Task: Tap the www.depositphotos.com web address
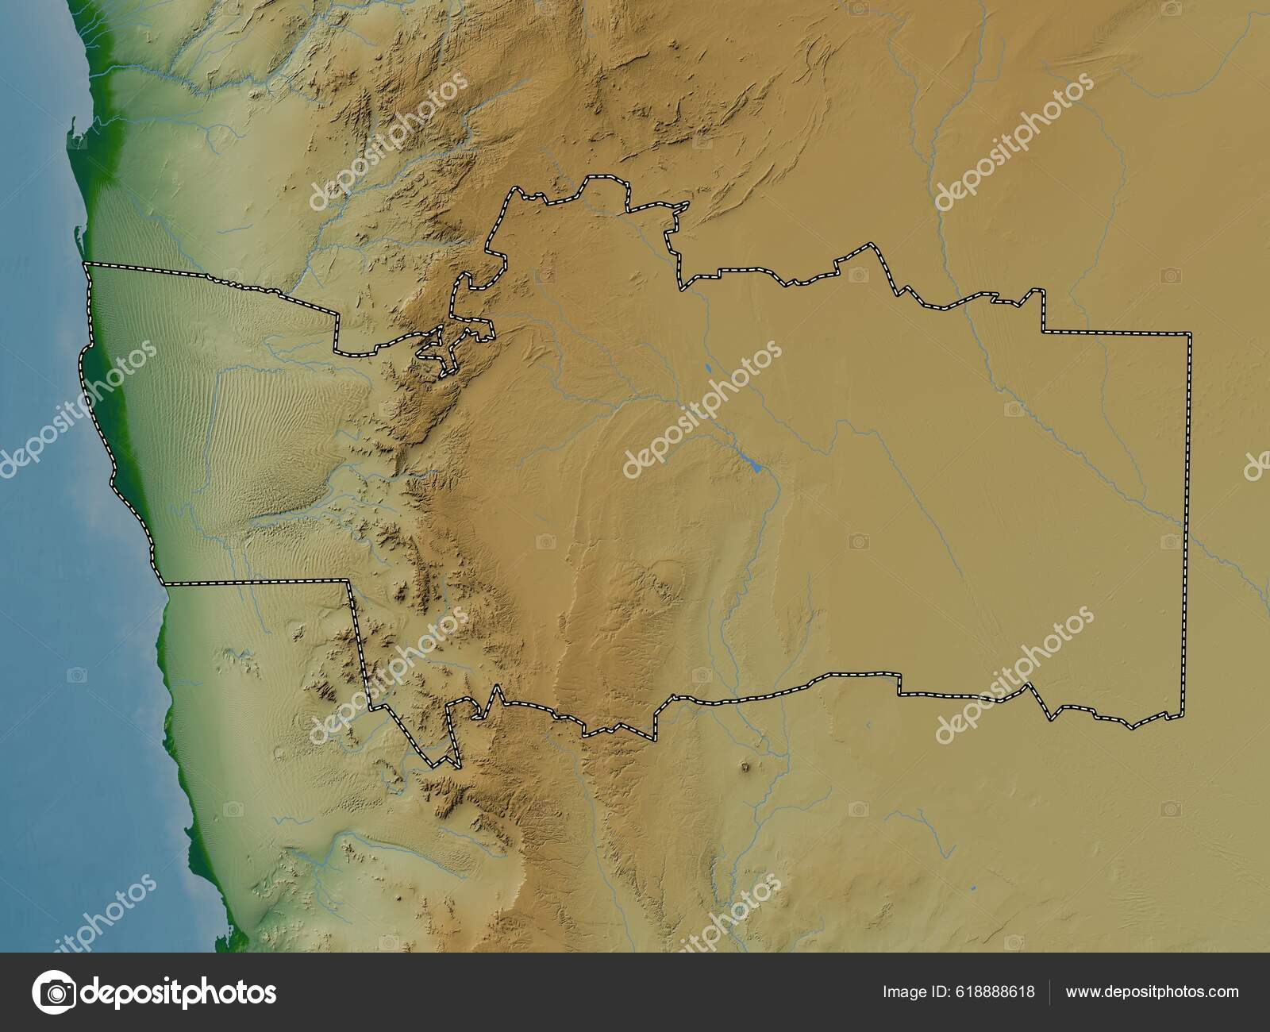[x=1152, y=992]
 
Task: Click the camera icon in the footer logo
[x=53, y=992]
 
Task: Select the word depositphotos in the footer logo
[x=179, y=992]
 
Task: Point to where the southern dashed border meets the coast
[x=163, y=584]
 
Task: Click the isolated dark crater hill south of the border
[x=745, y=768]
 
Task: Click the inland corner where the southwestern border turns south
[x=347, y=581]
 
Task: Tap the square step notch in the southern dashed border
[x=899, y=684]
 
